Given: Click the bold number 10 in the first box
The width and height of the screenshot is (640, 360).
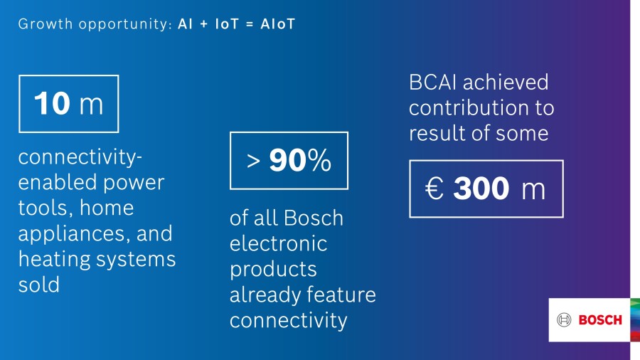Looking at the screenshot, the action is point(52,103).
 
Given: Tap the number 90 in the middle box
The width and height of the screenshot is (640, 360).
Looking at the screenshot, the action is point(285,160).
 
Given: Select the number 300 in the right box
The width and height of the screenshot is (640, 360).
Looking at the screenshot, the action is point(481,189).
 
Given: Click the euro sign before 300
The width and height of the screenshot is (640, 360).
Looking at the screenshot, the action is point(434,189).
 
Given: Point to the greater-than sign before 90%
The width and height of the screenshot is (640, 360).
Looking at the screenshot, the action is point(253,162).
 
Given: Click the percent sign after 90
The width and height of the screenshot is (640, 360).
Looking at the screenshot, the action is point(316,160).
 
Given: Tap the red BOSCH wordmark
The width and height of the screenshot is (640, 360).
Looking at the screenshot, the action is point(600,320).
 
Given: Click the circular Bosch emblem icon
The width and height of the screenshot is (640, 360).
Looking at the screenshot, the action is point(564,319).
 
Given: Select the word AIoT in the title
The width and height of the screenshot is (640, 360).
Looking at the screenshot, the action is point(277,24).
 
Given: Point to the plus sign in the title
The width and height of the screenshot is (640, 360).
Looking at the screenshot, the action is point(203,24).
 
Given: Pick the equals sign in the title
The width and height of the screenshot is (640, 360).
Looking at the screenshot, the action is point(250,24).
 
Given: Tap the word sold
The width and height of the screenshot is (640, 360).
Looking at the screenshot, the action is point(39,285).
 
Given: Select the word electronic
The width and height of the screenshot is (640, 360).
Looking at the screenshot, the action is point(278,243).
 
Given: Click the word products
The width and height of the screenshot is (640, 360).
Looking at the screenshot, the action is point(273,270).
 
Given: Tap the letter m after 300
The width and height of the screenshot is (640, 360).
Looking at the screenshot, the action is point(533,190).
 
